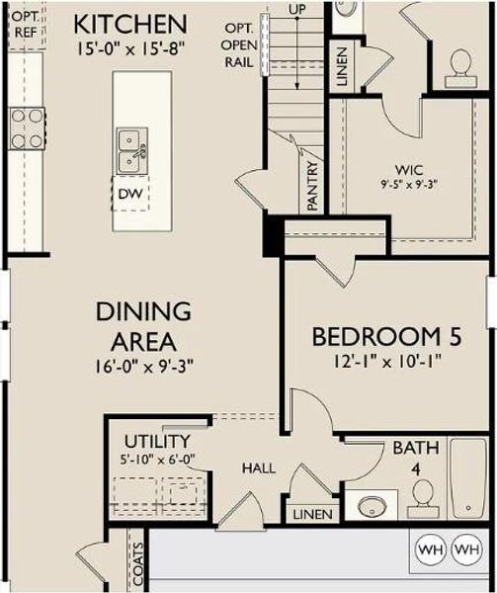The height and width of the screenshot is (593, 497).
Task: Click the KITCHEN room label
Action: [x=129, y=23]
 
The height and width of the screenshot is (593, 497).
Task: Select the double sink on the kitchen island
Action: [x=130, y=151]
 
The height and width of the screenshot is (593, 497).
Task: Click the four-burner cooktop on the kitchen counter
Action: [x=27, y=128]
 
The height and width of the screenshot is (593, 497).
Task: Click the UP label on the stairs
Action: [x=295, y=8]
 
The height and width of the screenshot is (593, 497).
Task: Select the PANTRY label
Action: [x=311, y=186]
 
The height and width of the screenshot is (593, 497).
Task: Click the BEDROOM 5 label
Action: [x=386, y=337]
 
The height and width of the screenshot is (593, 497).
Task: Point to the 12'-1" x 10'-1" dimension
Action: [x=385, y=362]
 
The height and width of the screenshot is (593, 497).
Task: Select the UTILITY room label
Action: [x=157, y=440]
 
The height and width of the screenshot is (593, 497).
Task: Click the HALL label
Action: [x=257, y=467]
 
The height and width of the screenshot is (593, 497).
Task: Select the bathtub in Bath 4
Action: [x=468, y=482]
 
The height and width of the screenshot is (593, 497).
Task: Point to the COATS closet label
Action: [x=136, y=563]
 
